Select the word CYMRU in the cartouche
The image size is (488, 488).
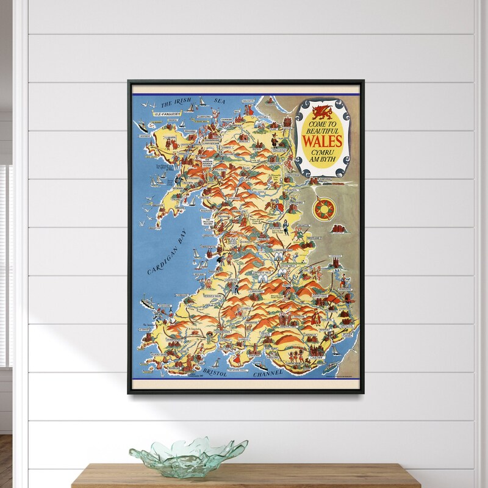320,150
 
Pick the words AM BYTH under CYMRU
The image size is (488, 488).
320,158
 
